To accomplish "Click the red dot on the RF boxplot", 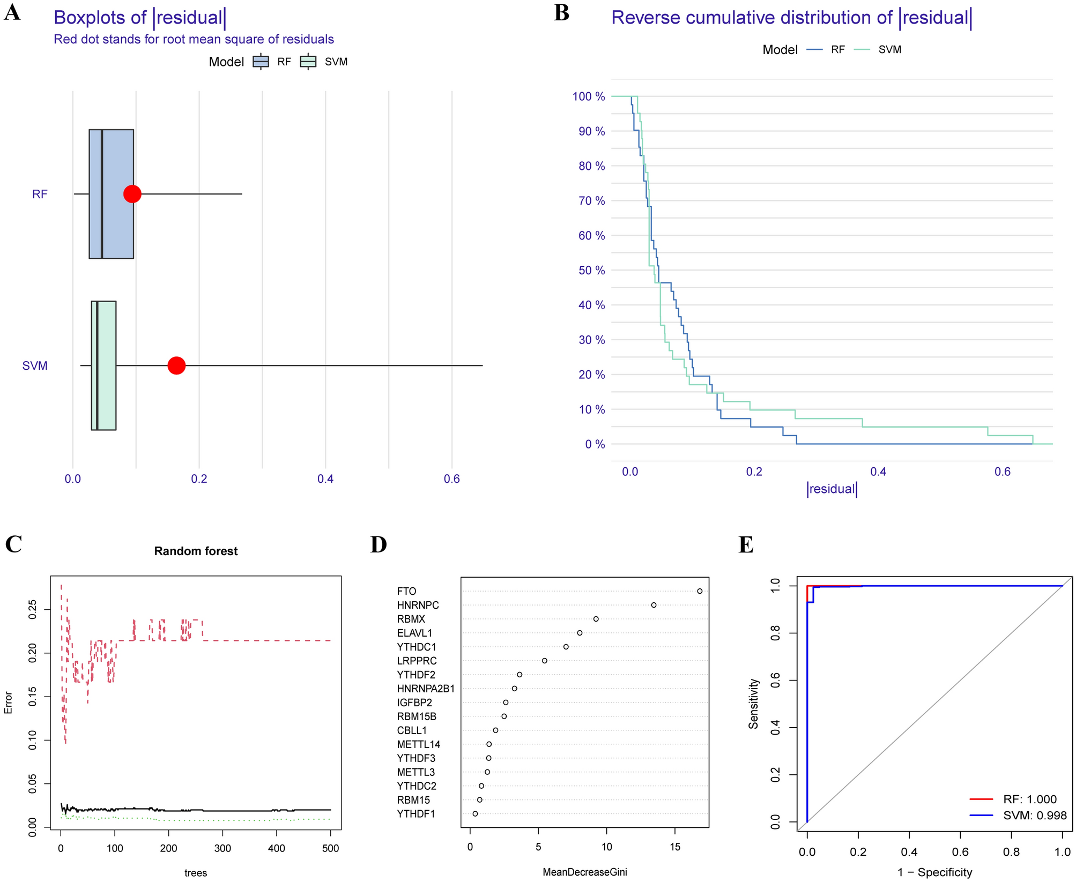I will [x=132, y=194].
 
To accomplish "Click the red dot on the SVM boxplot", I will [x=176, y=365].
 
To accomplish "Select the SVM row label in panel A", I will [x=35, y=366].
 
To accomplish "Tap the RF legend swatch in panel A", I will [x=261, y=62].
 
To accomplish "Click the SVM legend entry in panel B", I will [x=889, y=50].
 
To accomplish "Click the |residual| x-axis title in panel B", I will [x=832, y=489].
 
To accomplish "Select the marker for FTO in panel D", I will [x=700, y=591].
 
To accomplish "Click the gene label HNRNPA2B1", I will [x=426, y=689].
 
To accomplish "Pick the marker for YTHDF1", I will [x=475, y=813].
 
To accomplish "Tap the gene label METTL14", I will [x=419, y=744].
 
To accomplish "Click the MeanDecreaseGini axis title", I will [x=584, y=872].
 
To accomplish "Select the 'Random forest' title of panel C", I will [x=196, y=551].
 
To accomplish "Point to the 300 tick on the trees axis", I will [x=222, y=848].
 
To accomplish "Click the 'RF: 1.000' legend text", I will [x=1029, y=799].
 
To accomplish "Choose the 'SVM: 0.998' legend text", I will [x=1034, y=816].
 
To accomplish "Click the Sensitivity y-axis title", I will [x=754, y=704].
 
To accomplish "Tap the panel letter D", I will [x=379, y=544].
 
